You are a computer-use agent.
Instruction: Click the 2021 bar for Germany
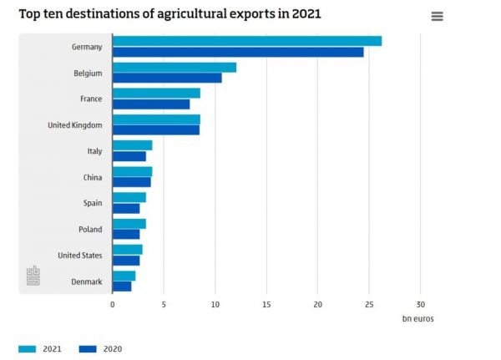246,41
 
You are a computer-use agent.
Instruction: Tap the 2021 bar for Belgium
174,67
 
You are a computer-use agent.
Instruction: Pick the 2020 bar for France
151,104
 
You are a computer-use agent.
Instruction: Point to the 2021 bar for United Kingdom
156,119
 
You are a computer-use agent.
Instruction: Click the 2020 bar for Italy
129,156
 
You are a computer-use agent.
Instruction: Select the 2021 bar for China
132,171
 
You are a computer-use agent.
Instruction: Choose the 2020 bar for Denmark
122,286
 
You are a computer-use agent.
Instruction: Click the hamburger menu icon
437,17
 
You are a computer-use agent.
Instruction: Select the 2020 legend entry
100,348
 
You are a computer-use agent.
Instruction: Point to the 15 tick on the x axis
266,304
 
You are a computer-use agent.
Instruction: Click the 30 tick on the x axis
420,304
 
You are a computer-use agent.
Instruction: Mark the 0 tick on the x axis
113,304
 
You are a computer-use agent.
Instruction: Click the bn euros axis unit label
417,318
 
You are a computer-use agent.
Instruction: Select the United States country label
80,255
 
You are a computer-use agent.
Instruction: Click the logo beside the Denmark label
33,276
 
